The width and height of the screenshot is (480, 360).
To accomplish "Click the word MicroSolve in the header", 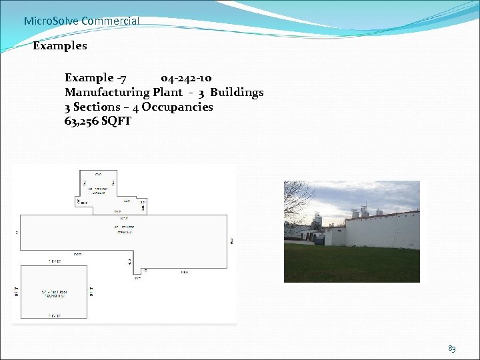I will pyautogui.click(x=51, y=21).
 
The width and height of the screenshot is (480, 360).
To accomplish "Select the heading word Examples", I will pyautogui.click(x=60, y=46).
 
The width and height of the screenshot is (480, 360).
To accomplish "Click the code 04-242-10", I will pyautogui.click(x=187, y=78).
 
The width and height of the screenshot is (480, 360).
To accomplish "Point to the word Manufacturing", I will pyautogui.click(x=107, y=93).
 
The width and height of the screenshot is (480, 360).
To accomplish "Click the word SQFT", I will pyautogui.click(x=117, y=121).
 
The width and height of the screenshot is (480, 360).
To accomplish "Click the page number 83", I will pyautogui.click(x=451, y=348).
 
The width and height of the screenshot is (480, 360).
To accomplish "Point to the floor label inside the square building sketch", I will pyautogui.click(x=53, y=293).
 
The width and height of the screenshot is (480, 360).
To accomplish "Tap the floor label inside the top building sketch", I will pyautogui.click(x=99, y=190).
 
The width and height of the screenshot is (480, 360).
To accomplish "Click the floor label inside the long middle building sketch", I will pyautogui.click(x=123, y=230).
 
